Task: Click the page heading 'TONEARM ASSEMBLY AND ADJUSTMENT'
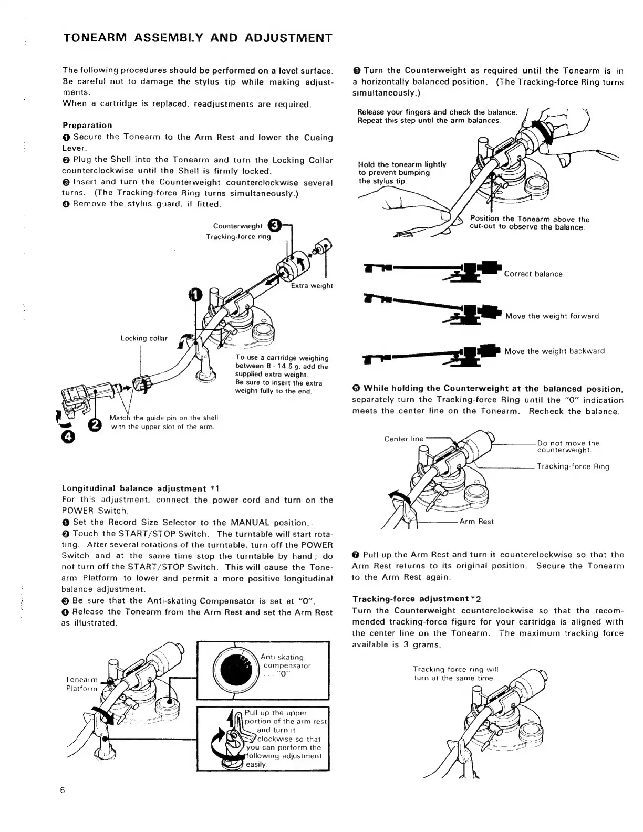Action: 197,38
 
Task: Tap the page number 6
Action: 62,791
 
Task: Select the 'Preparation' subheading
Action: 87,125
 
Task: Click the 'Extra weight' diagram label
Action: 312,286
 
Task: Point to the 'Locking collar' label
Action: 143,338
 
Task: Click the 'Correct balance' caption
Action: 533,274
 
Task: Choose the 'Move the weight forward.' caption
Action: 553,316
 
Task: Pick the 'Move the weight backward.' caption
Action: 555,351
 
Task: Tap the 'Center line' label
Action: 403,439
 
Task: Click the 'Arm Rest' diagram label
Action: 476,522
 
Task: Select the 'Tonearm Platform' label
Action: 81,684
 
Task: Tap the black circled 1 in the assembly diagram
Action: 195,295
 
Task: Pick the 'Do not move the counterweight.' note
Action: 567,446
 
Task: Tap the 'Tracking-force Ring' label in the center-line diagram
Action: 573,466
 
